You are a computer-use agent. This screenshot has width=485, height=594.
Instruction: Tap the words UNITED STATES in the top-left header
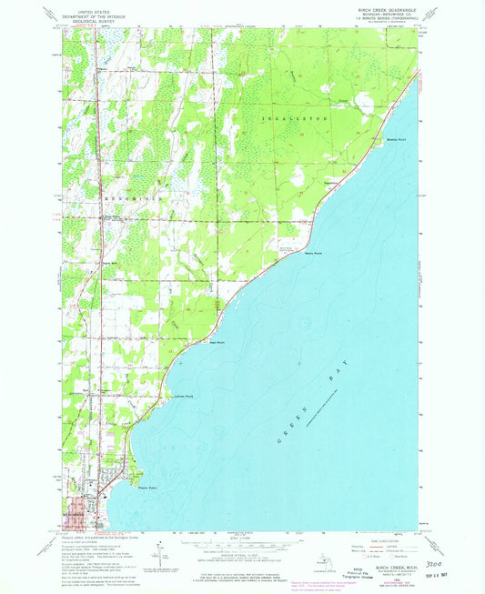95,7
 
